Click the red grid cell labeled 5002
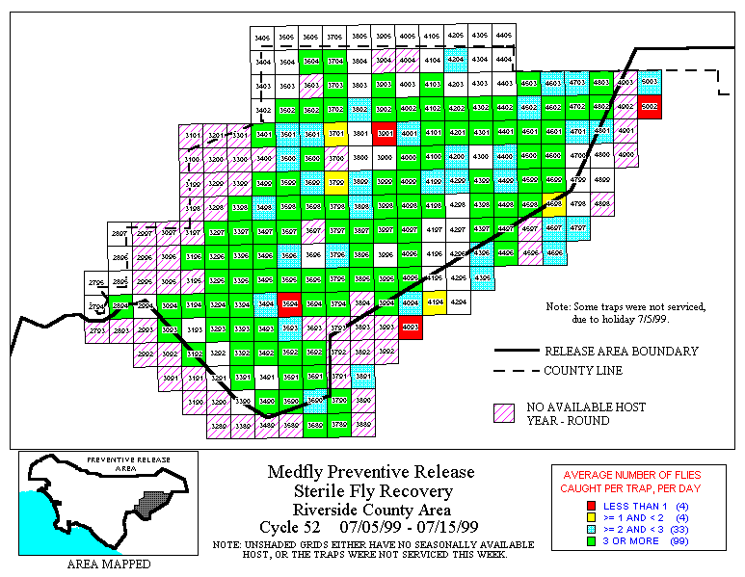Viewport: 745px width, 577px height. [x=650, y=107]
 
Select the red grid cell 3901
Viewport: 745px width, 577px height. [x=385, y=133]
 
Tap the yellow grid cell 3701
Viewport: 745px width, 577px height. [x=336, y=133]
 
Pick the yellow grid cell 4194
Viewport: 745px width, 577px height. [x=434, y=302]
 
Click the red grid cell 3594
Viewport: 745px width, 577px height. [x=289, y=302]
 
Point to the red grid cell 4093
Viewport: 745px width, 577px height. [x=410, y=328]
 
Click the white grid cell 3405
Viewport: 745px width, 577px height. [x=262, y=37]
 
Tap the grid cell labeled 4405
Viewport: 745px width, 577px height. [x=503, y=37]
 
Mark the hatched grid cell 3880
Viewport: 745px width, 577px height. [x=363, y=424]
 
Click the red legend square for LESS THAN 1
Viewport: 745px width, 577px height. [x=565, y=505]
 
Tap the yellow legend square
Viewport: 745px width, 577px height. [x=565, y=516]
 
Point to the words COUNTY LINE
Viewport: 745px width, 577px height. [x=582, y=371]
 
